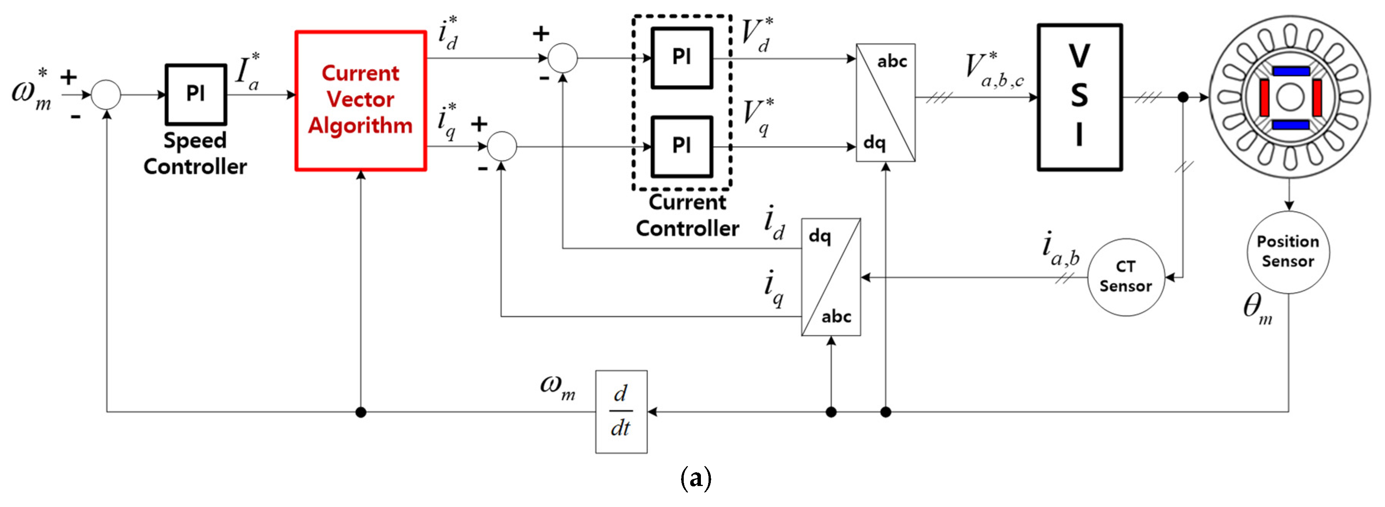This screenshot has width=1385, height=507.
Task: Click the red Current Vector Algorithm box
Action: [361, 100]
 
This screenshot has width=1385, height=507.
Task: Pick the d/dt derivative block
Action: [621, 411]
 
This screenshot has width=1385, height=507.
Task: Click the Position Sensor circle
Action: [1288, 252]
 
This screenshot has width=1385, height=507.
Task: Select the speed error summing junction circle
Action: [106, 95]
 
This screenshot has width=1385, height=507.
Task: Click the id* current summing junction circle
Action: [562, 58]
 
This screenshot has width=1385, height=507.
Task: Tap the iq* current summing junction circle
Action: [501, 146]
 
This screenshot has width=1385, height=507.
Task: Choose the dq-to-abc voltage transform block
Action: [885, 102]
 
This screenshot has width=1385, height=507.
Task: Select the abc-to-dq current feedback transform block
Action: [831, 277]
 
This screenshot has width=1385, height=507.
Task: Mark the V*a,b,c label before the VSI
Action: [993, 71]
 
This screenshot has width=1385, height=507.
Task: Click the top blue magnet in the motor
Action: [1290, 71]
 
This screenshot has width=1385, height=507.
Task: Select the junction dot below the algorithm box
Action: [361, 412]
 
